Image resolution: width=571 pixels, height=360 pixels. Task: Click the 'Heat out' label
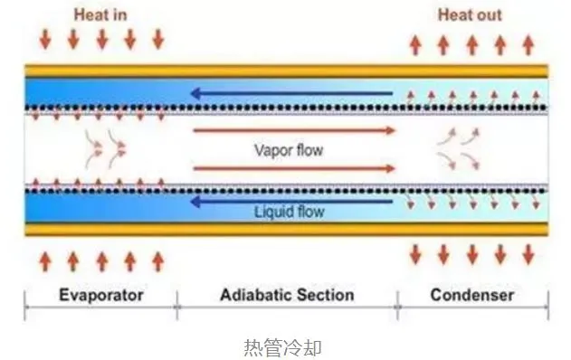click(x=471, y=15)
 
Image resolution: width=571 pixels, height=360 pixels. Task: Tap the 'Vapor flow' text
click(x=288, y=149)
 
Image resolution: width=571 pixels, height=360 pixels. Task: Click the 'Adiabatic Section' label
click(x=287, y=295)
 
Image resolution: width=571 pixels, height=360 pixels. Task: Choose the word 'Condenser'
click(x=471, y=295)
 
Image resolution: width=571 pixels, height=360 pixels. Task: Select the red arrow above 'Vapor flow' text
click(x=294, y=130)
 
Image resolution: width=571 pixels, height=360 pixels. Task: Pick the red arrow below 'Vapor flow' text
click(x=294, y=168)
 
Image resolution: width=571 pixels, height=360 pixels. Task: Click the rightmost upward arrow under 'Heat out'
click(x=529, y=43)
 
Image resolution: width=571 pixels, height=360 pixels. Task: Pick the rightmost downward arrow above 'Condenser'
click(x=529, y=255)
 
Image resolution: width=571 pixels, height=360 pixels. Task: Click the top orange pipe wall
click(x=286, y=71)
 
